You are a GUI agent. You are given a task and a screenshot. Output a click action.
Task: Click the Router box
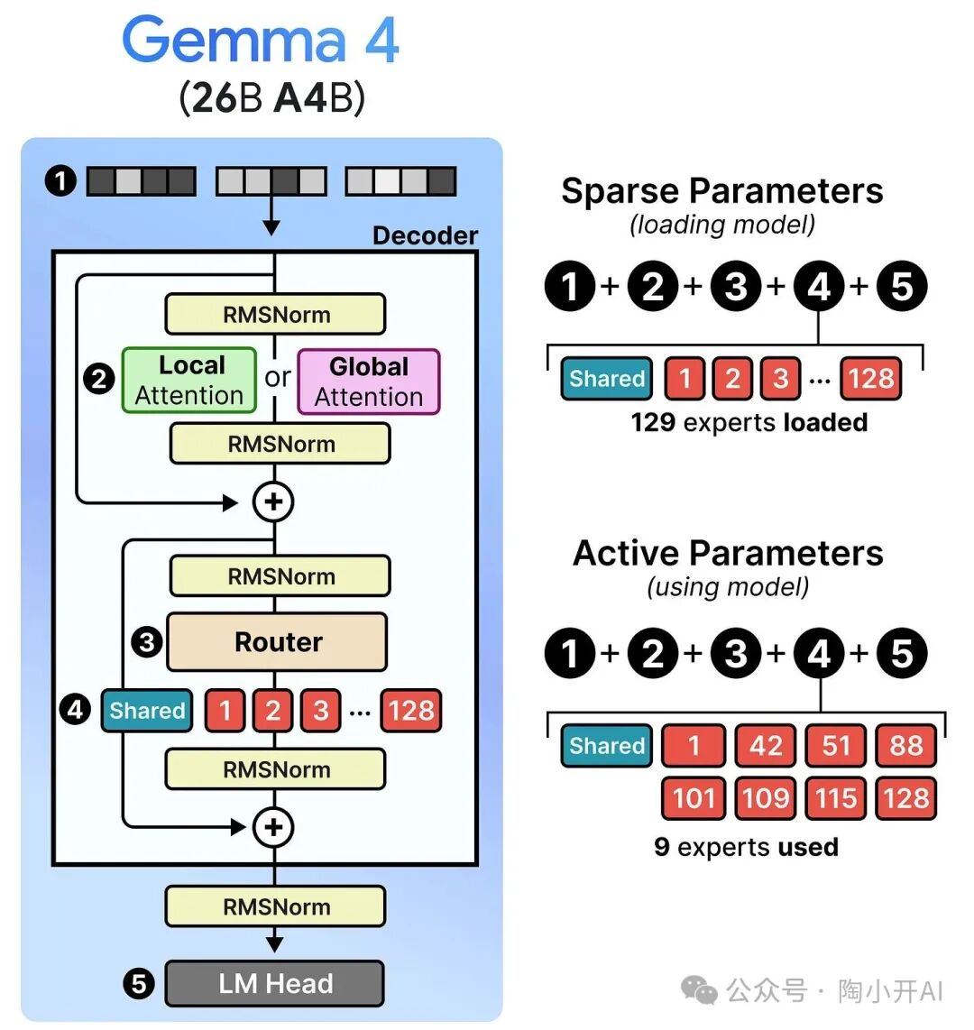tap(277, 642)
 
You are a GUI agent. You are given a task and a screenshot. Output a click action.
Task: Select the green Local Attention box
tap(189, 380)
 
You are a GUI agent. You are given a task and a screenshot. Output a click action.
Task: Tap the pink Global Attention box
tap(368, 382)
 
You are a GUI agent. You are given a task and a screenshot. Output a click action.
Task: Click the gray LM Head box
tap(275, 983)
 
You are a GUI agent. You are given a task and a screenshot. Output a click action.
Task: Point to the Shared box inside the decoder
tap(146, 711)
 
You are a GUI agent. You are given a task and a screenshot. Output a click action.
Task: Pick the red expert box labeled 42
tap(765, 746)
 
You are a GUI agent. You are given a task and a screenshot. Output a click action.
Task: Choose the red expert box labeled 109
tap(765, 798)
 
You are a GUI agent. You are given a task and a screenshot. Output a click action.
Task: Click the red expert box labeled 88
tap(905, 746)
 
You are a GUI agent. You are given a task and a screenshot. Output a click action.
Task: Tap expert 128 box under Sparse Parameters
tap(870, 379)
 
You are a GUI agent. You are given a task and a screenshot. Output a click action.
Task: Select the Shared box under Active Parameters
tap(606, 746)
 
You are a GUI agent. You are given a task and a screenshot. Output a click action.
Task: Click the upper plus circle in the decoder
tap(274, 501)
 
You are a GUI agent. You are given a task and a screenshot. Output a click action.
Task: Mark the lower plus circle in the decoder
tap(274, 827)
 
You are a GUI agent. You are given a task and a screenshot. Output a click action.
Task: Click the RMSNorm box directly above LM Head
tap(275, 906)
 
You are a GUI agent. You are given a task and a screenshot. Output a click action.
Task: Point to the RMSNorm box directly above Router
tap(280, 576)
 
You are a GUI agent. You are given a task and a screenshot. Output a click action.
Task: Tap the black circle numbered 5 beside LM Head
tap(138, 983)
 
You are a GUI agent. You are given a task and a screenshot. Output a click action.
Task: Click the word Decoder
tap(425, 235)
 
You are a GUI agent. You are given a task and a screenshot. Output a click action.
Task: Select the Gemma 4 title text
tap(261, 41)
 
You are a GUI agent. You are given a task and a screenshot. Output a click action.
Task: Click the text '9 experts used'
tap(746, 847)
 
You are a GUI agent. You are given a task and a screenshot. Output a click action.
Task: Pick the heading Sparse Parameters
tap(721, 191)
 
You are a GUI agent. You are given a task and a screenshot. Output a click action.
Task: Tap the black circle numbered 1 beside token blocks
tap(60, 181)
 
